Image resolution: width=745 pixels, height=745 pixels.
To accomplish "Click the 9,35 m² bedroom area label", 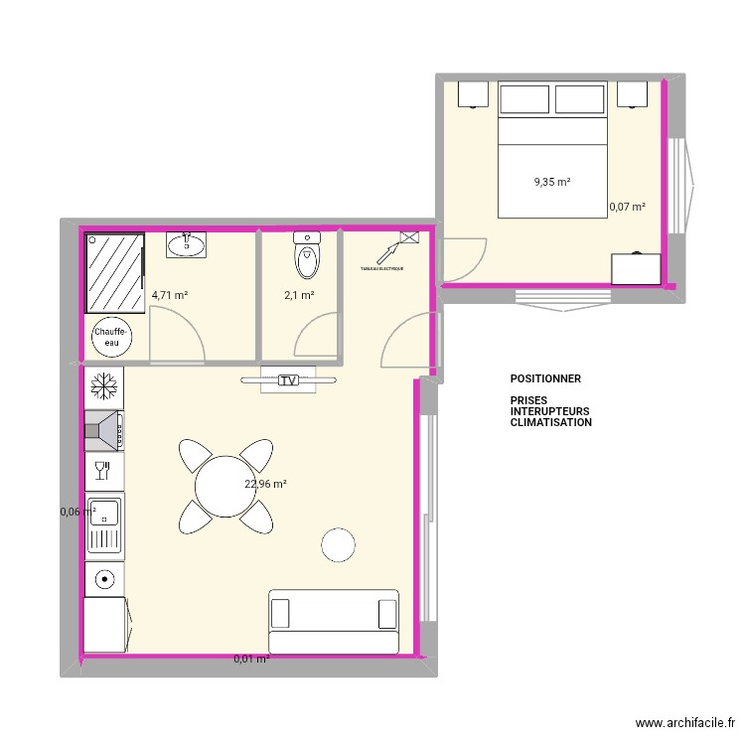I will point(552,182).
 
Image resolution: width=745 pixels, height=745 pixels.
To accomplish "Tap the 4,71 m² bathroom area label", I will point(169,295).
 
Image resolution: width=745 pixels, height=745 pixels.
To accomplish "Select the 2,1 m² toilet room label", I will point(299,295).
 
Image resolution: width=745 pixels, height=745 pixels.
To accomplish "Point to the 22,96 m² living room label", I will point(265,485).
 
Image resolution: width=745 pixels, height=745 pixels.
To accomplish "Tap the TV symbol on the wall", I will point(288,380).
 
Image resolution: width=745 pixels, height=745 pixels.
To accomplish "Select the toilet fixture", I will point(307,257).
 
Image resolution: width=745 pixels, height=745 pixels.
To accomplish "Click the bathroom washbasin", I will point(186,243).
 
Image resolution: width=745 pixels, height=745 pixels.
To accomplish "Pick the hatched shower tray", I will point(115,271).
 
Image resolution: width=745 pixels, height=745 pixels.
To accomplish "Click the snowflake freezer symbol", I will point(102,385).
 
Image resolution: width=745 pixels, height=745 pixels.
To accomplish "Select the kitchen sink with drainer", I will point(103,524).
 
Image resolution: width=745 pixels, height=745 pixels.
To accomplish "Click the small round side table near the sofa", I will point(338,543).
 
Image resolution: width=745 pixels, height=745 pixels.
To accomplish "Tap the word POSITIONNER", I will point(545,379).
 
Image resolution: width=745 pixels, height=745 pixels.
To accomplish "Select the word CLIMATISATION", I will point(551,422).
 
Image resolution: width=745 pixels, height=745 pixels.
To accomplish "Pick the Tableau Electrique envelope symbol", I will point(408,236).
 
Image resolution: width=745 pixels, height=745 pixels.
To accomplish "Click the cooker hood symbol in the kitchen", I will point(103,430).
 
